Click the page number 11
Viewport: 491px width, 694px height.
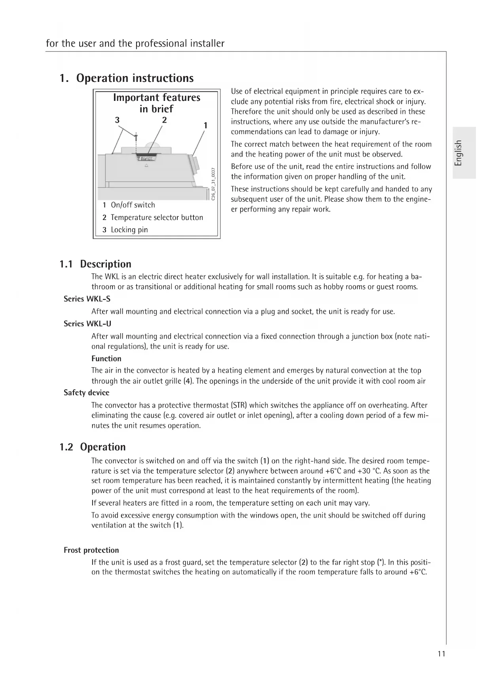tap(442, 654)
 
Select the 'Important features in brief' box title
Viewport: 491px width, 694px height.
tap(157, 103)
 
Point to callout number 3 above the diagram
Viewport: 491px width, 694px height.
tap(117, 120)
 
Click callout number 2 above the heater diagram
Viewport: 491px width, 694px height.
tap(164, 119)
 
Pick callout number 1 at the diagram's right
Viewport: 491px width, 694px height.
tap(205, 126)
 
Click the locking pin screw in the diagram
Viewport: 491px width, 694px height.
tap(136, 137)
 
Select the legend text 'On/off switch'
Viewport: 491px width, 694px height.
tap(133, 205)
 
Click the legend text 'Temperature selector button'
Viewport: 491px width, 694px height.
tap(157, 217)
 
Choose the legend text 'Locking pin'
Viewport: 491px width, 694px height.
tap(129, 230)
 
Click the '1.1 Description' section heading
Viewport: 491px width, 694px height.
tap(95, 264)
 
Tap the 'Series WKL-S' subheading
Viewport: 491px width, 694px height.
tap(87, 299)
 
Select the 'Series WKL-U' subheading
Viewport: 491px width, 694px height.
tap(87, 324)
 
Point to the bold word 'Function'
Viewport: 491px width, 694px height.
tap(106, 358)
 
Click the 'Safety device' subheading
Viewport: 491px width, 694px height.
tap(86, 393)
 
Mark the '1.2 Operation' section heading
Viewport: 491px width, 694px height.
tap(93, 447)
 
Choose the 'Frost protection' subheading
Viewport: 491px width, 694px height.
tap(91, 550)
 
